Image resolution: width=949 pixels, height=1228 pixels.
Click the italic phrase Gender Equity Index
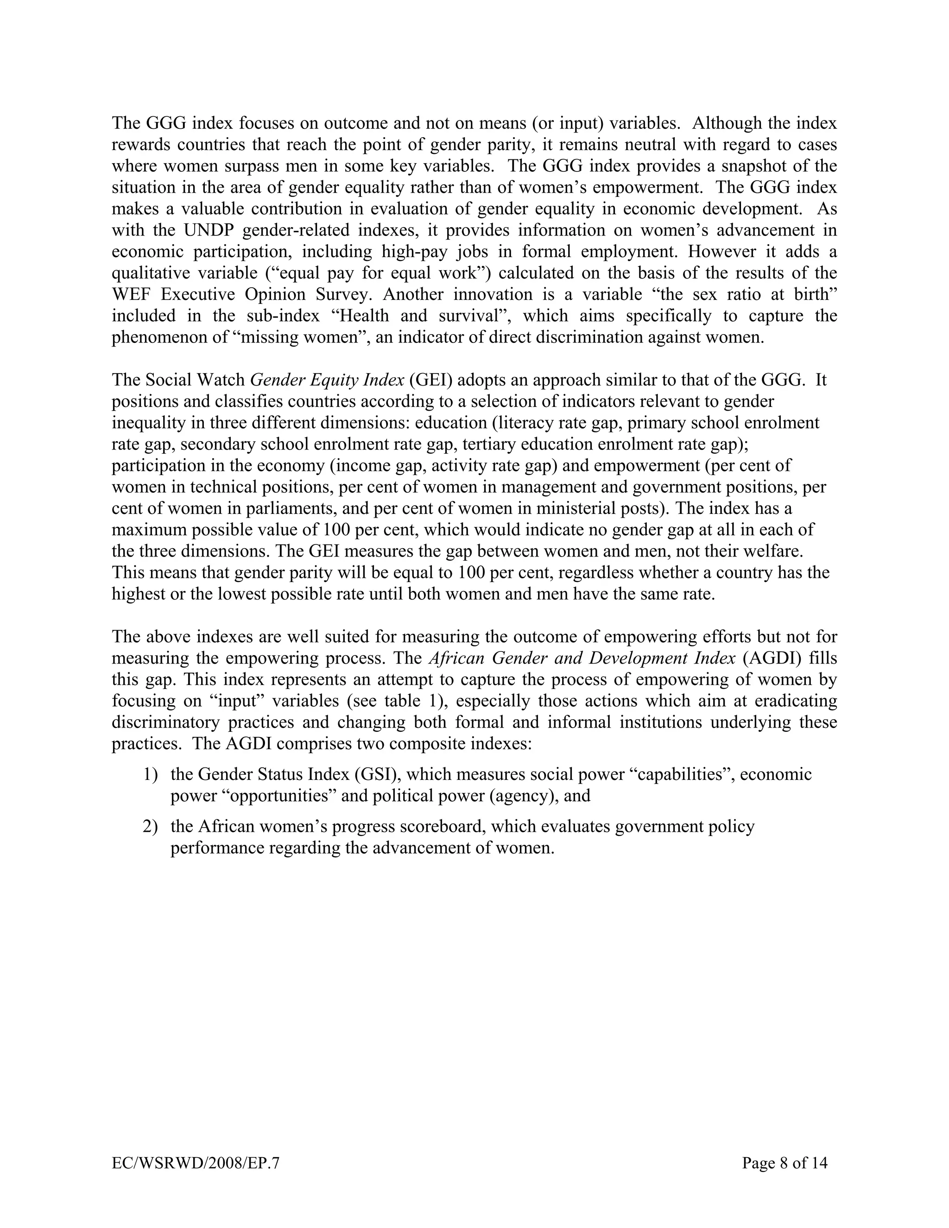pyautogui.click(x=327, y=380)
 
